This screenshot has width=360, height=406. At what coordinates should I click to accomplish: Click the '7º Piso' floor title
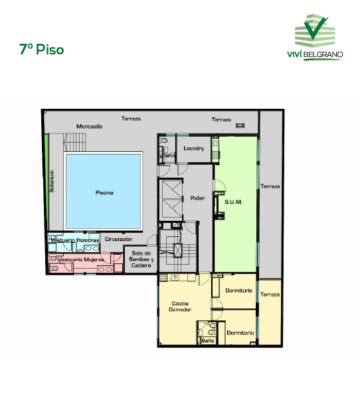click(x=41, y=49)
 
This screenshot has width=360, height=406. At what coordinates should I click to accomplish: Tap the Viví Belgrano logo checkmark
click(x=315, y=28)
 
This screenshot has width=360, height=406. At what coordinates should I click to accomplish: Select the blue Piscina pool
click(x=103, y=191)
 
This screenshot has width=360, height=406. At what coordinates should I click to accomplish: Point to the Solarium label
click(x=52, y=181)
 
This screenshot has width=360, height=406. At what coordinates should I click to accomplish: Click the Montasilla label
click(x=90, y=126)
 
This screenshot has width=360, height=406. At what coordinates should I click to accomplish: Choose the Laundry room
click(x=193, y=149)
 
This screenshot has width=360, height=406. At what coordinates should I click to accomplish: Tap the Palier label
click(x=197, y=198)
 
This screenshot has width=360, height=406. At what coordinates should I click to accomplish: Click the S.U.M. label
click(x=233, y=202)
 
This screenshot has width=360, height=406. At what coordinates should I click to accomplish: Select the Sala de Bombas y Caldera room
click(x=141, y=259)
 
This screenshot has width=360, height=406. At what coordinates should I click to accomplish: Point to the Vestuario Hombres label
click(x=75, y=240)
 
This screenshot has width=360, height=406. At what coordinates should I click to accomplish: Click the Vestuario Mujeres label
click(x=81, y=259)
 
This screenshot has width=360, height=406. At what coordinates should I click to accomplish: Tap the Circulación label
click(x=118, y=239)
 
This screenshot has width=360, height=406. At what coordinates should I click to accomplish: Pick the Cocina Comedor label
click(x=180, y=306)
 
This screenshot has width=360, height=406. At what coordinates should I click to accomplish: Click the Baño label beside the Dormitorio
click(x=208, y=340)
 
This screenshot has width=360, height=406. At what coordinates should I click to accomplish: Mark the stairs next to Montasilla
click(x=74, y=143)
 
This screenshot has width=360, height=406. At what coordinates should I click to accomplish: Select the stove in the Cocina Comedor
click(x=163, y=277)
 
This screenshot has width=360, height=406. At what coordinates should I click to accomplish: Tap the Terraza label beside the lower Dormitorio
click(x=270, y=295)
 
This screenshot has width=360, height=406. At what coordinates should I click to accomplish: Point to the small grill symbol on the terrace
click(x=240, y=125)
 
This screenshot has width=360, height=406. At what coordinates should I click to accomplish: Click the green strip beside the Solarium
click(x=46, y=182)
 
